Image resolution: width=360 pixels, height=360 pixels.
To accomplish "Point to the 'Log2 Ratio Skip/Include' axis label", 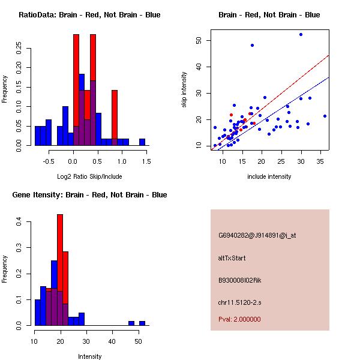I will tap(90, 177).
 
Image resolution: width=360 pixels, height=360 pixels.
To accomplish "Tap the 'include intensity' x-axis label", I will tap(269, 176).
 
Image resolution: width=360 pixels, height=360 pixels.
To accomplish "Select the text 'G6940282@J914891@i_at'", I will tap(257, 235).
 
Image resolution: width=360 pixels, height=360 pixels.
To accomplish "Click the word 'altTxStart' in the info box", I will tap(232, 258).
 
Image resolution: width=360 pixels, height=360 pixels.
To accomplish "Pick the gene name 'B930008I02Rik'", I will tap(240, 280).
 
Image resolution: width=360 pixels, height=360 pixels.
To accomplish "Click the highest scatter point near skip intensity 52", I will tap(301, 35).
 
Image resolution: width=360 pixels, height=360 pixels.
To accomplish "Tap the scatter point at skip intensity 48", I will tap(252, 45).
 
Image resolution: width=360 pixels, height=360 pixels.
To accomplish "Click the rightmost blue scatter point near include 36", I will tap(325, 116).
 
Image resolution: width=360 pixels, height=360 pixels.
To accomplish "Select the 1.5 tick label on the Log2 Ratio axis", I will tap(146, 161).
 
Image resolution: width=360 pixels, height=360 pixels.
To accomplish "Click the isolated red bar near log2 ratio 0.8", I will tap(114, 117).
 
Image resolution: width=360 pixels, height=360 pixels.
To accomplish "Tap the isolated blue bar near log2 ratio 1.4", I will tap(142, 142).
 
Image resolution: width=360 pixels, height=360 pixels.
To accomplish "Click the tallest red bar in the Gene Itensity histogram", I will tap(60, 270).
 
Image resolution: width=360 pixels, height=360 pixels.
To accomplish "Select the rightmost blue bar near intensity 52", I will tap(142, 323).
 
